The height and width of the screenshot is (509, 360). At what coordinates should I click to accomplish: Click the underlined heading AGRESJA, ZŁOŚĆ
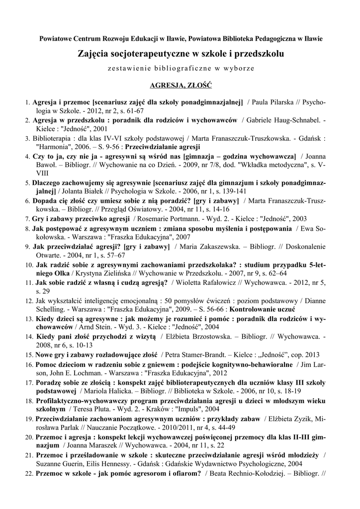pyautogui.click(x=180, y=85)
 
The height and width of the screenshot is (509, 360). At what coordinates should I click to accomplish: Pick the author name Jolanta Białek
pyautogui.click(x=83, y=190)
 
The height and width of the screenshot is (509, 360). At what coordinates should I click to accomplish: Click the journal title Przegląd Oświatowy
pyautogui.click(x=149, y=209)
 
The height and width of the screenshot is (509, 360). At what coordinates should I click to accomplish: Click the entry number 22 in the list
pyautogui.click(x=29, y=474)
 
